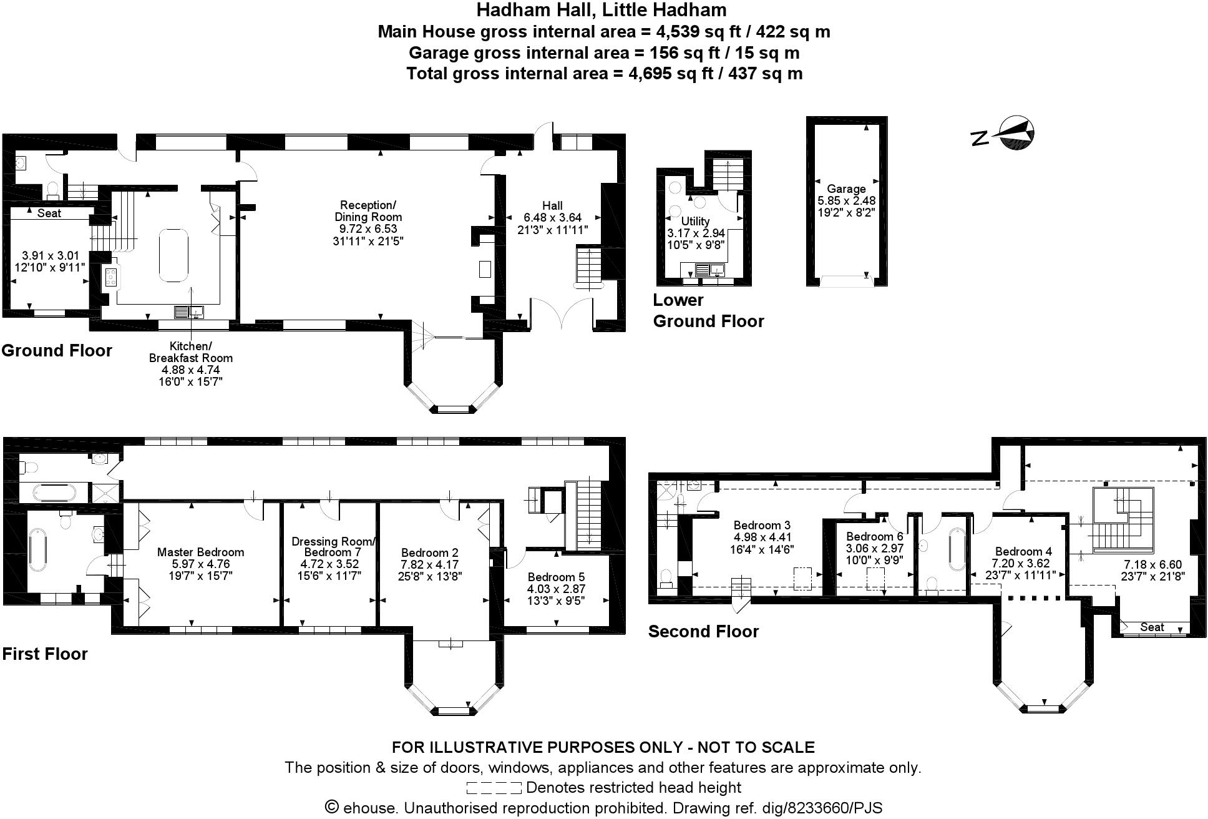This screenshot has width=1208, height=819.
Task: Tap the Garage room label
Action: [846, 189]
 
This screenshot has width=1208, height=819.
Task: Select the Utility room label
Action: [695, 221]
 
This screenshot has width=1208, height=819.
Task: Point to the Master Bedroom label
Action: [200, 552]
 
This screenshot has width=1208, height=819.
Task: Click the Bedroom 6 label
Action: [874, 536]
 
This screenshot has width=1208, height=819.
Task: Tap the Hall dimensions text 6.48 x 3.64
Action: [552, 218]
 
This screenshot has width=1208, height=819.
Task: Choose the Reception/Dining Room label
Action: [368, 211]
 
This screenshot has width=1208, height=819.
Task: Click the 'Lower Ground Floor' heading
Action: [708, 310]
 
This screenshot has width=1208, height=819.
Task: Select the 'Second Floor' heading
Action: [703, 631]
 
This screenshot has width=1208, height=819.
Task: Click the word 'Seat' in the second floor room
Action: [1152, 627]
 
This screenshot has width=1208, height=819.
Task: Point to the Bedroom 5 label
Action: [556, 577]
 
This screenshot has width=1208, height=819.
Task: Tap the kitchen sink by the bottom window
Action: [189, 311]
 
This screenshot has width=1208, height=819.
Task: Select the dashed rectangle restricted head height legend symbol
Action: [494, 788]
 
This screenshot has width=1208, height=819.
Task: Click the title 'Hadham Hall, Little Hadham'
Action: [602, 10]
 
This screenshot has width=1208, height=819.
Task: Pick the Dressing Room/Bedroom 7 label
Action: [333, 547]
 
